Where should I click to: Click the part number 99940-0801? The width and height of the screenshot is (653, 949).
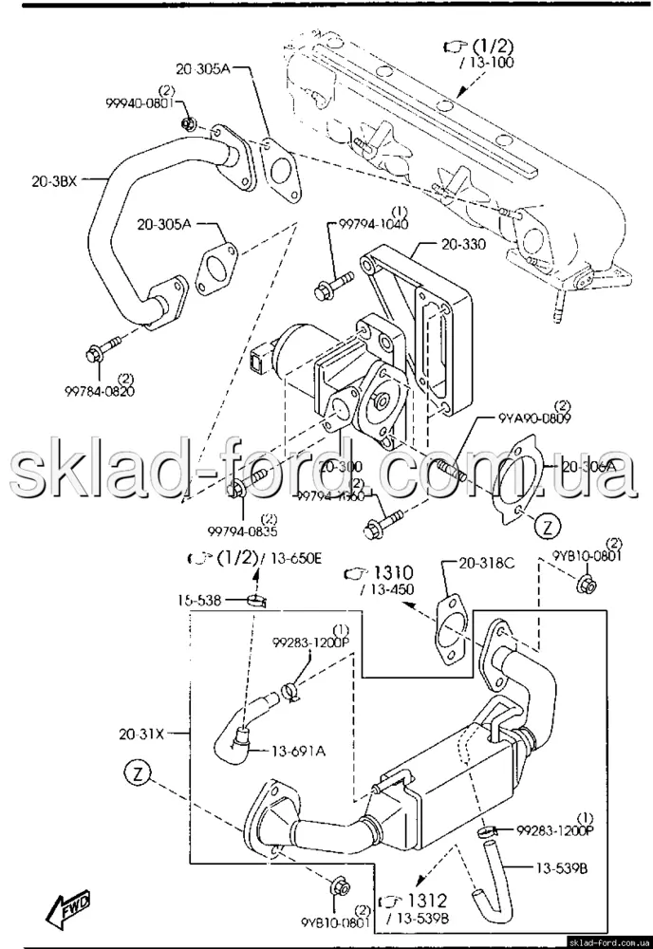tap(139, 106)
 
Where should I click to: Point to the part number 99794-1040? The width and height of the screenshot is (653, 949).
tap(374, 225)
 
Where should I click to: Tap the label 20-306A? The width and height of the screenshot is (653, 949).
tap(588, 466)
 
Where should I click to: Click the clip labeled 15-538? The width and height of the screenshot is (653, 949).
tap(252, 599)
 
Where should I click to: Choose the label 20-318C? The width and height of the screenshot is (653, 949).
tap(488, 563)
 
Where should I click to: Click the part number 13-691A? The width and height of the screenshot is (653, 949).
tap(299, 752)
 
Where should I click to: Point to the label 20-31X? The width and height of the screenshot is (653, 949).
tap(142, 733)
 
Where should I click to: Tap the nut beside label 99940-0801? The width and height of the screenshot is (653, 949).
tap(187, 122)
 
